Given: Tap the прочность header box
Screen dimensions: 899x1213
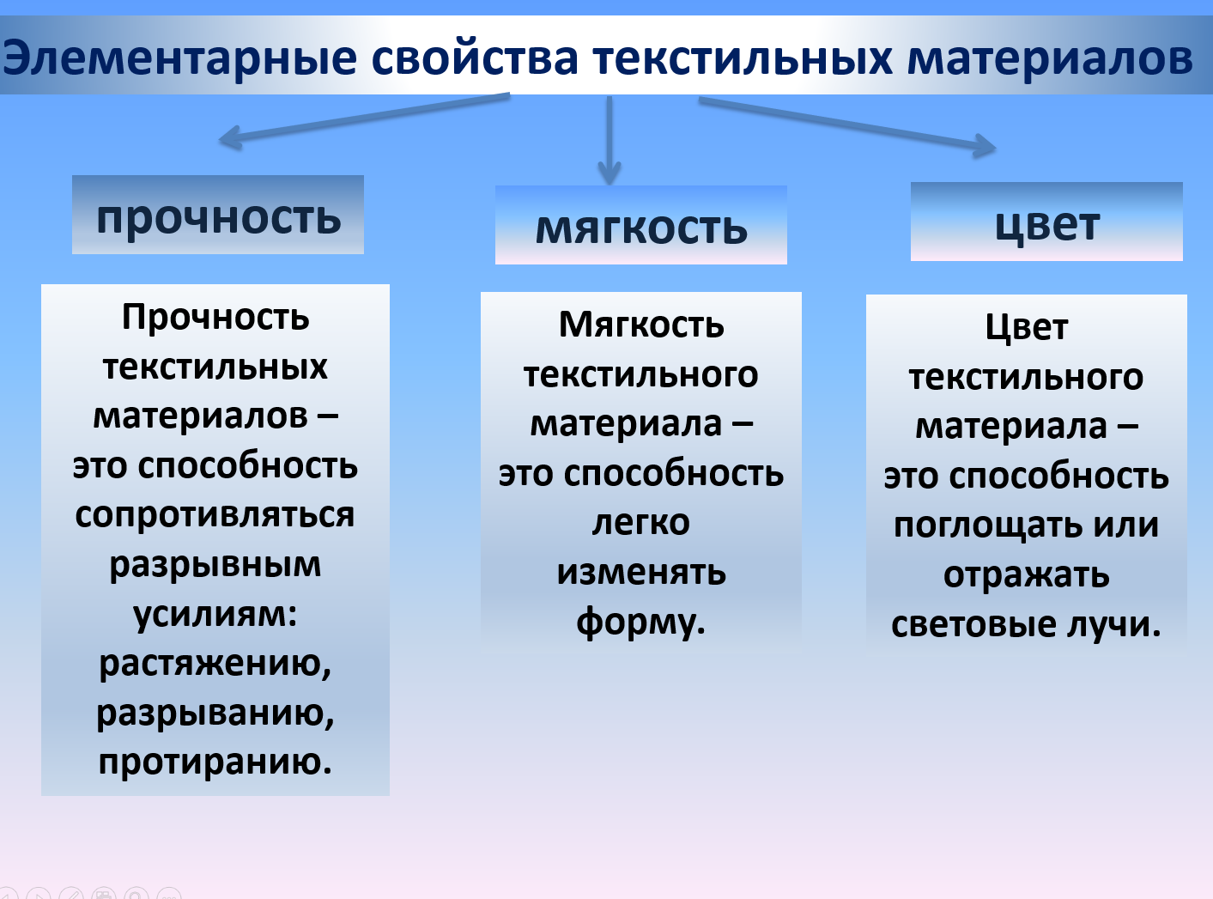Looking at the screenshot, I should coord(218,216).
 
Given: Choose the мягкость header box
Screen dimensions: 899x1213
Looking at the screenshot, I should coord(641,227).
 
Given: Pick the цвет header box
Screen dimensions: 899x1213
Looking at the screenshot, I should coord(1046,223).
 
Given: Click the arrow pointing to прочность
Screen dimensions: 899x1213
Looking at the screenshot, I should coord(361,118).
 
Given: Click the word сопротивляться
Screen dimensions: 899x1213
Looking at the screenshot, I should coord(215,514).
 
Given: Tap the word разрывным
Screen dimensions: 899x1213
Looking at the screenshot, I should coord(215,564).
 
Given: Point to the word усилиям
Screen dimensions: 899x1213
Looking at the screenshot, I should coord(213,614).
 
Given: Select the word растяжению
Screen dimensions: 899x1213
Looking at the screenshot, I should coord(215,663).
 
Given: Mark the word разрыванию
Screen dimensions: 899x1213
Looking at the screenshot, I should coord(215,713).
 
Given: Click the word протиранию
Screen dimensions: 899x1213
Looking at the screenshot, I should coord(214,762).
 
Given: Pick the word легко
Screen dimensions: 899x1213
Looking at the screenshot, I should coord(640,522).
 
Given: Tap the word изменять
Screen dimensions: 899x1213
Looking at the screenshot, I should coord(640,572).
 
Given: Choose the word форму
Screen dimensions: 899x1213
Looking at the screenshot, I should coord(639,622).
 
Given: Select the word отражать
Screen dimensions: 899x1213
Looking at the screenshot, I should coord(1026,574).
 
